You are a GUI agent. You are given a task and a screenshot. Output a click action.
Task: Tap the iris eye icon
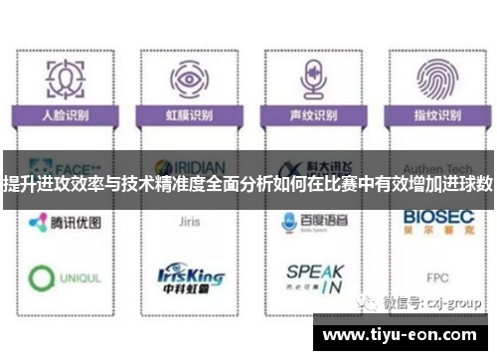click(x=187, y=79)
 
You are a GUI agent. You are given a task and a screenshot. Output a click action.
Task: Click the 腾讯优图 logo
click(x=65, y=222)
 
